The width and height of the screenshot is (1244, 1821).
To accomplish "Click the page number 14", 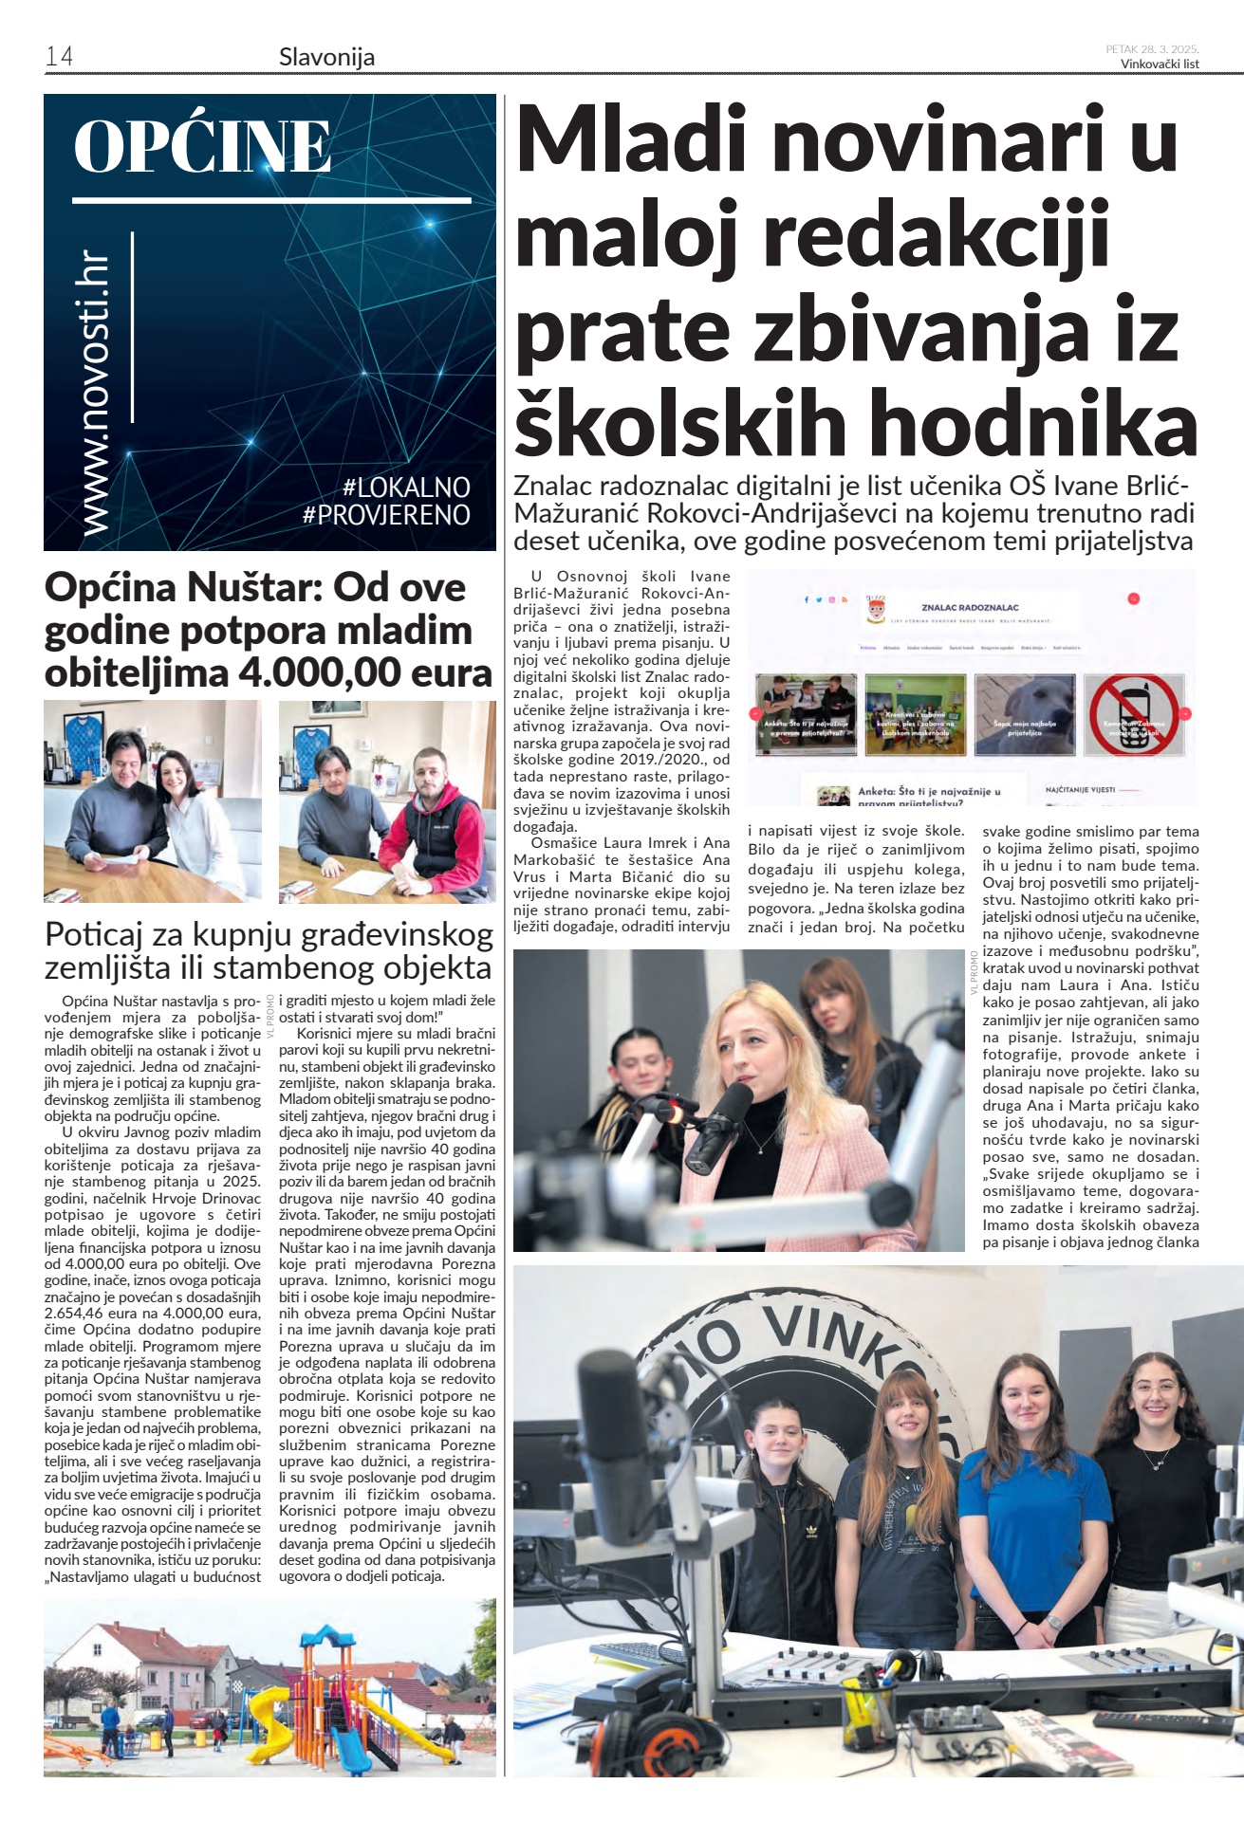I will coord(59,56).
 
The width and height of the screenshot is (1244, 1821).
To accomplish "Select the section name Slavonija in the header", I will coord(326,57).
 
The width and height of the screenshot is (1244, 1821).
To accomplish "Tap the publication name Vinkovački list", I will coord(1160,64).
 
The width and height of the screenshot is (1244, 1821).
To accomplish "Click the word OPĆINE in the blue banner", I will coord(202,147).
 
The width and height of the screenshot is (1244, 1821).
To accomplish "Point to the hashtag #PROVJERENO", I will coord(386,515).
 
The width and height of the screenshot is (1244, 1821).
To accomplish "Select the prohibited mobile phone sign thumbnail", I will coord(1134,714).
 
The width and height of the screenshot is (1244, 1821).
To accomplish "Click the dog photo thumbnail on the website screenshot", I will coord(1024,713).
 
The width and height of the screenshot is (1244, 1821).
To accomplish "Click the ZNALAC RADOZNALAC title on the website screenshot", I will coord(969,607).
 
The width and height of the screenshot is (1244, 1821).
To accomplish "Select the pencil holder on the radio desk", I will coord(867,1702).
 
